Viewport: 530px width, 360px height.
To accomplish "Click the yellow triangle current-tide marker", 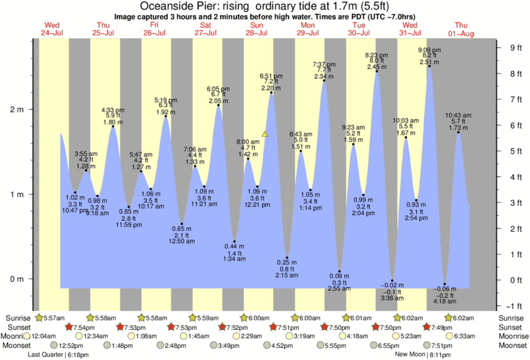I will click(x=265, y=134).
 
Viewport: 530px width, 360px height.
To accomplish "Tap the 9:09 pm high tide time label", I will click(x=428, y=50).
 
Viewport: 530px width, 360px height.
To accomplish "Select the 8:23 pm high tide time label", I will click(x=376, y=55).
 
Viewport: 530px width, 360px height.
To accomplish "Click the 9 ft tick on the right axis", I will click(x=515, y=47).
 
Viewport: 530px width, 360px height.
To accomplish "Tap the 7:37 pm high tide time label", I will click(x=324, y=64).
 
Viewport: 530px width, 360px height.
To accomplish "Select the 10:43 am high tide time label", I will click(x=459, y=115).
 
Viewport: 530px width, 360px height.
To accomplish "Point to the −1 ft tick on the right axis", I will click(x=515, y=306).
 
